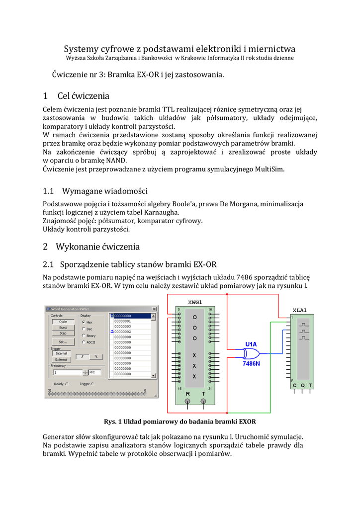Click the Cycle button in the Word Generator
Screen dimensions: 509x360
[x=63, y=322]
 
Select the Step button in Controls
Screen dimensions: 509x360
[x=63, y=333]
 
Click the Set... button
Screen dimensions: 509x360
[x=63, y=342]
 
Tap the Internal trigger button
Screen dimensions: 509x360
[x=61, y=353]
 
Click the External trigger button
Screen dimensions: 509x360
[x=61, y=359]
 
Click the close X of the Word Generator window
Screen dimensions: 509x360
[x=154, y=309]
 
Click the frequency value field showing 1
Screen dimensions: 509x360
[x=67, y=372]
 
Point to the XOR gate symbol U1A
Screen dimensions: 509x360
[x=250, y=353]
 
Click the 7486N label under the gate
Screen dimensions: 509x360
[x=251, y=363]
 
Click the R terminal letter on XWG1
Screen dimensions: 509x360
[x=187, y=394]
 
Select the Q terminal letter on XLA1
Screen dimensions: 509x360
[x=302, y=385]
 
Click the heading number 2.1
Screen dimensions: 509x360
[x=48, y=264]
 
